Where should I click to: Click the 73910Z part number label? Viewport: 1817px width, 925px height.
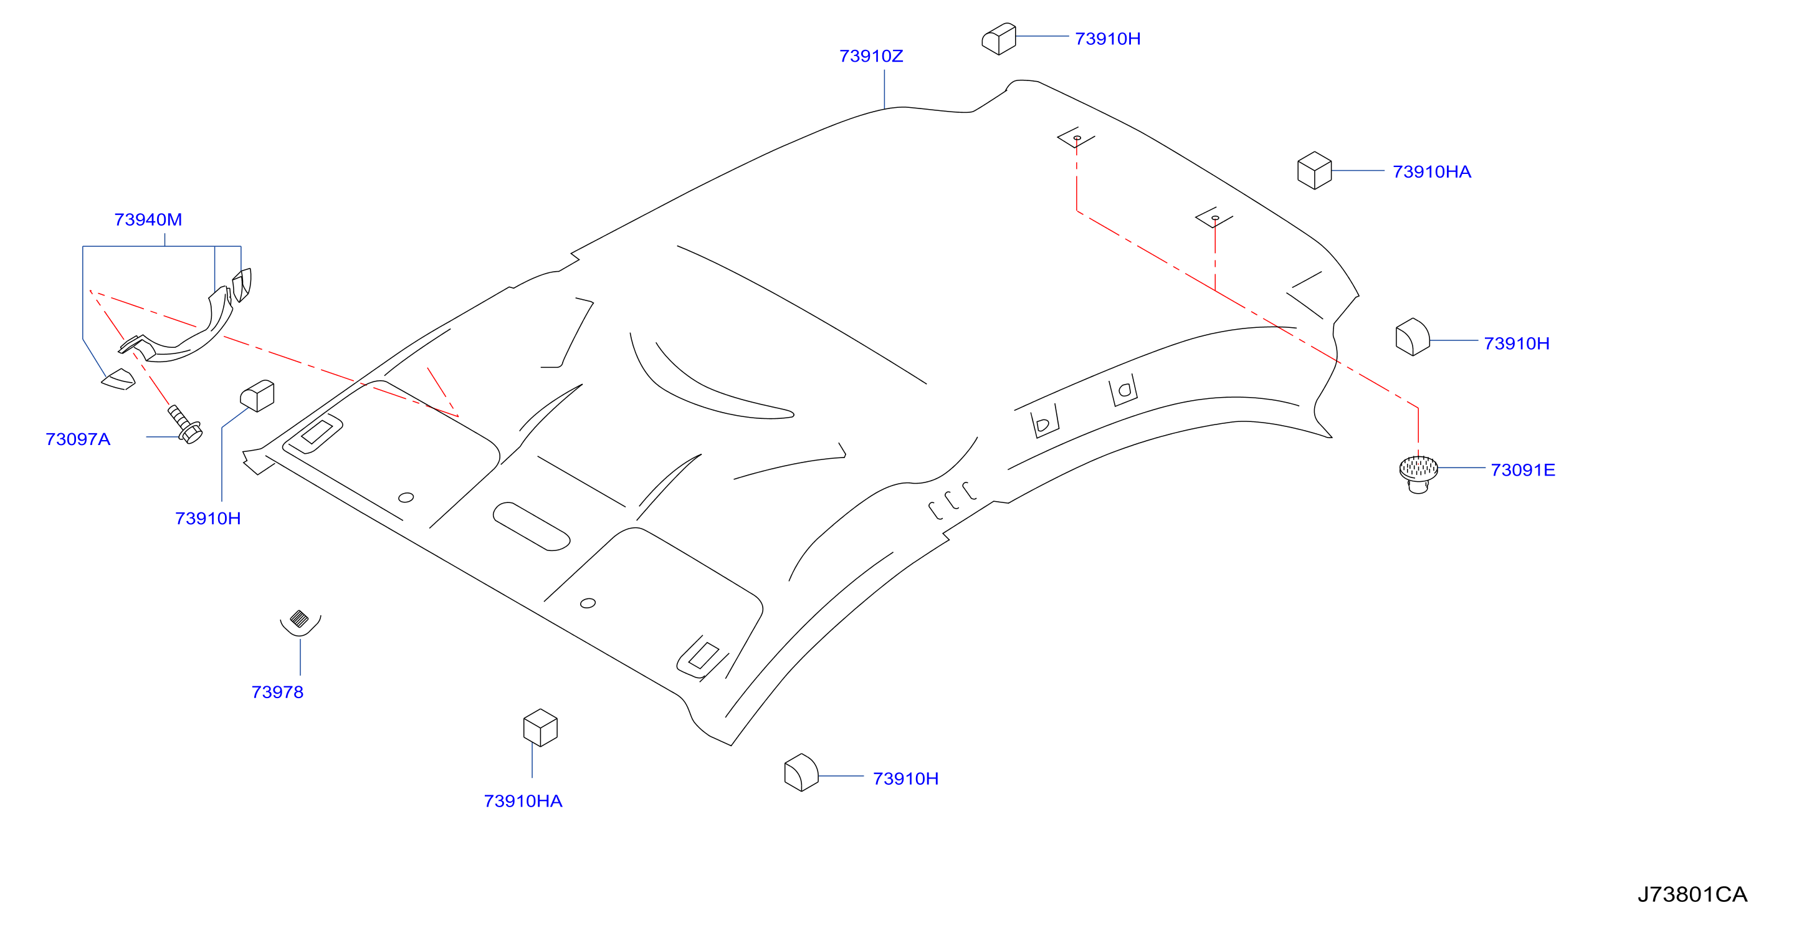pyautogui.click(x=871, y=55)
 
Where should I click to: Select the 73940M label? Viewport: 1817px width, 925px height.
pyautogui.click(x=148, y=219)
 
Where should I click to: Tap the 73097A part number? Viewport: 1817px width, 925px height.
pyautogui.click(x=78, y=439)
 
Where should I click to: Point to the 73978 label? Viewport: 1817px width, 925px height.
pyautogui.click(x=277, y=691)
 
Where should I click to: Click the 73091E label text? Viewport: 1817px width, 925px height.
pyautogui.click(x=1523, y=469)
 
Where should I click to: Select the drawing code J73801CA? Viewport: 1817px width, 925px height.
pyautogui.click(x=1692, y=894)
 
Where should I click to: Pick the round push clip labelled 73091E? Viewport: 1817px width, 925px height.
pyautogui.click(x=1418, y=474)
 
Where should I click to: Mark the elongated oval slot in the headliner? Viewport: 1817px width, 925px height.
pyautogui.click(x=531, y=526)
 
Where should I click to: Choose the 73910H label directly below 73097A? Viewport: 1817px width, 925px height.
pyautogui.click(x=208, y=518)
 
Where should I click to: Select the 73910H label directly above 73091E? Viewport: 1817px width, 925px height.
pyautogui.click(x=1517, y=343)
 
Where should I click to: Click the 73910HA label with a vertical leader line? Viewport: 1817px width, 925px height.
pyautogui.click(x=523, y=801)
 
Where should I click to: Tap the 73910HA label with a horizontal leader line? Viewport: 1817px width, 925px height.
pyautogui.click(x=1432, y=171)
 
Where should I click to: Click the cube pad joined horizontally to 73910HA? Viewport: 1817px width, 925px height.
pyautogui.click(x=1314, y=170)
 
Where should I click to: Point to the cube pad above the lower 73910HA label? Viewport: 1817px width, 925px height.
pyautogui.click(x=540, y=727)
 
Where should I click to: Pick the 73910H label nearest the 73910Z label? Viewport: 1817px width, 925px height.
pyautogui.click(x=1107, y=38)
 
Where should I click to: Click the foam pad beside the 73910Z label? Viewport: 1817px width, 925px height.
pyautogui.click(x=999, y=39)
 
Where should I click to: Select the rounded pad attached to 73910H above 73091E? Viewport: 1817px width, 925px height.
pyautogui.click(x=1412, y=337)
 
